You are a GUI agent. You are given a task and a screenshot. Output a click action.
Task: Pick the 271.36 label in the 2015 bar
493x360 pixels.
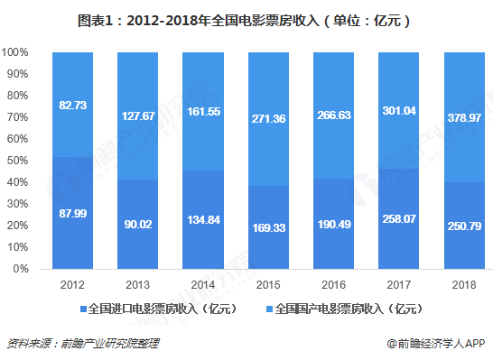coord(269,118)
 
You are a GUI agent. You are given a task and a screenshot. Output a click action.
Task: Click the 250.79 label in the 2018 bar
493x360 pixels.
coord(462,226)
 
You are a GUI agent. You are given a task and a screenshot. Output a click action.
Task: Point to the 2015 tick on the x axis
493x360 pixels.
coord(269,284)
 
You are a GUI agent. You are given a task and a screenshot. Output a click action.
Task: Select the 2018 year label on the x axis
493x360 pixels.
coord(462,284)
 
